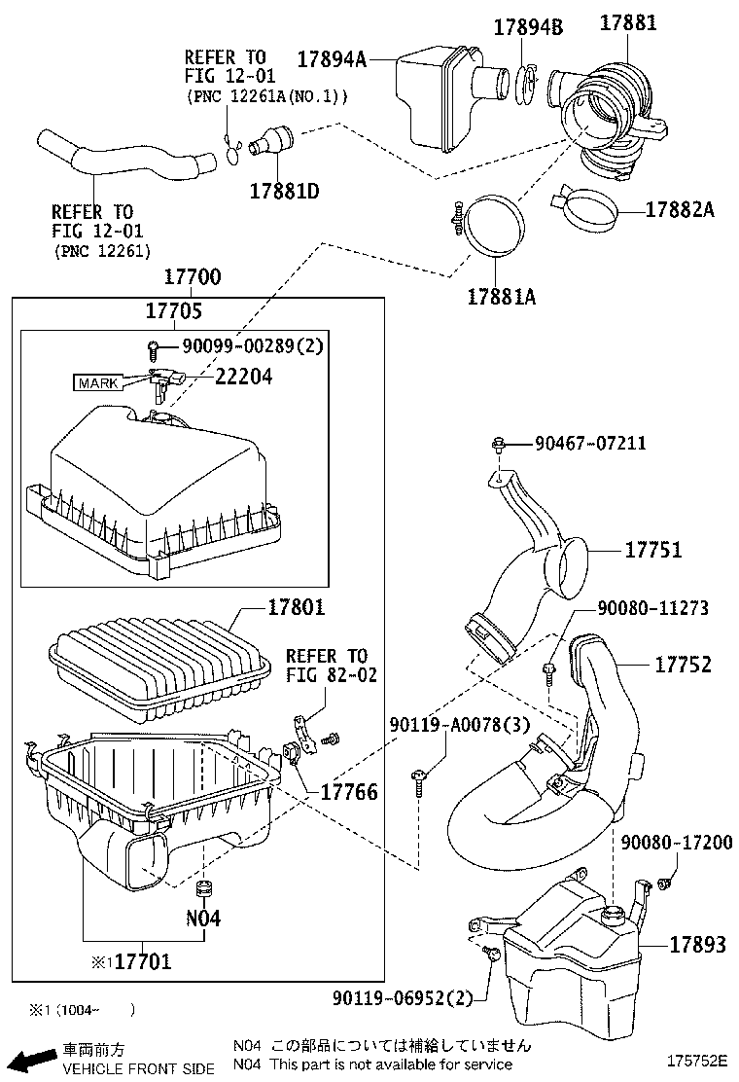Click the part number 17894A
coord(331,60)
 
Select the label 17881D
coord(284,190)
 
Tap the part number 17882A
coord(679,208)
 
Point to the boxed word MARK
coord(98,382)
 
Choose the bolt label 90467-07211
coord(589,444)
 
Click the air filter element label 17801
coord(297,608)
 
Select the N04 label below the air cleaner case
coord(203,918)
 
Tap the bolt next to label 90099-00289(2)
coord(153,347)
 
